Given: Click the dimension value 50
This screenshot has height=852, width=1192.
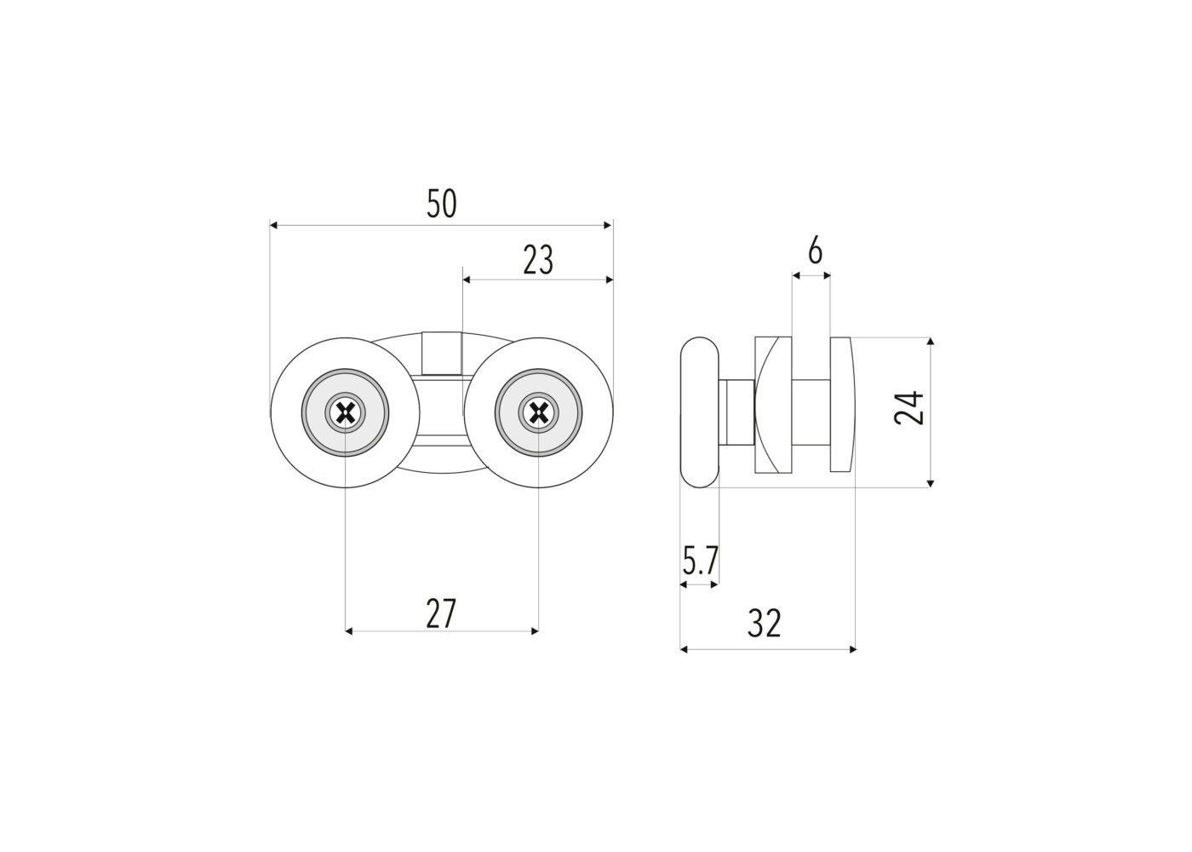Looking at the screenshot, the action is point(442,204).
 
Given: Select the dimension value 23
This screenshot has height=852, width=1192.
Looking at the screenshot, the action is point(538,260).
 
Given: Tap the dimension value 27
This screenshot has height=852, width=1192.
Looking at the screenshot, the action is point(441,614).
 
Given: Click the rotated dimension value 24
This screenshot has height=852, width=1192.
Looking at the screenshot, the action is point(909,407).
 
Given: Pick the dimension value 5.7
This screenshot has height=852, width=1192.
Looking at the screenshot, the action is point(701,561).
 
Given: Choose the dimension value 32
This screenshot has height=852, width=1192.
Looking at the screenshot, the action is point(765,624).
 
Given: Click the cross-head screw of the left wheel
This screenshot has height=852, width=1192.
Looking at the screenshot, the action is point(346,412).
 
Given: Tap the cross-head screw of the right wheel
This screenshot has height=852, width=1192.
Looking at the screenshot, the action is point(538,412).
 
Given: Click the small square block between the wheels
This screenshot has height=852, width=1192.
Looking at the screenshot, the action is point(442,353).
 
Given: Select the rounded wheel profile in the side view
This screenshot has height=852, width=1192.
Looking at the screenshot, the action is point(700,412).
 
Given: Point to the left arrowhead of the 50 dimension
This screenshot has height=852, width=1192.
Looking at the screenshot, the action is point(274,225).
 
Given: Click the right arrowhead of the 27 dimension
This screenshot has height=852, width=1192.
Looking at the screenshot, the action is point(535,631).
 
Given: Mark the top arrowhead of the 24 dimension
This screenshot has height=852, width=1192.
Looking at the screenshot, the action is point(930,342).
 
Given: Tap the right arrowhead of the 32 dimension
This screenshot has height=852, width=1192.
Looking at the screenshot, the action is point(852,649).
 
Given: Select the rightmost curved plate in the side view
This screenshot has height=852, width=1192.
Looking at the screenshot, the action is point(843,404).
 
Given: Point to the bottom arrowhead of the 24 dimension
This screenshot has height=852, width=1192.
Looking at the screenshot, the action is point(930,483).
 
